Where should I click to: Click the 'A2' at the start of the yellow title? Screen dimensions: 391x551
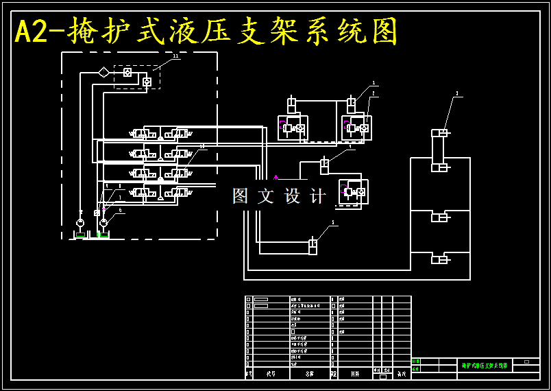pyautogui.click(x=31, y=32)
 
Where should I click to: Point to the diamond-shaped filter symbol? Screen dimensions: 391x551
pyautogui.click(x=103, y=72)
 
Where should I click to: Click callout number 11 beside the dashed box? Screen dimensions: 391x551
pyautogui.click(x=175, y=56)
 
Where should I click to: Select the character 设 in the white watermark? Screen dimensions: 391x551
pyautogui.click(x=293, y=196)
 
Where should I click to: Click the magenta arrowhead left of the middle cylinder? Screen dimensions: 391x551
pyautogui.click(x=276, y=178)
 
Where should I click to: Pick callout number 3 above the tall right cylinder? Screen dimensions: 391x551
pyautogui.click(x=457, y=93)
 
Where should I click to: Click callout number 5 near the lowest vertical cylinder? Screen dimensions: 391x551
pyautogui.click(x=333, y=222)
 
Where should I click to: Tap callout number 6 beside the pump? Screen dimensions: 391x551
pyautogui.click(x=120, y=210)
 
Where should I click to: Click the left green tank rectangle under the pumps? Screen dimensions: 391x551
pyautogui.click(x=80, y=235)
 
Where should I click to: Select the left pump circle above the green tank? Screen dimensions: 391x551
pyautogui.click(x=80, y=222)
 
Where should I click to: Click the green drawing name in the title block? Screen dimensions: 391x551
pyautogui.click(x=485, y=366)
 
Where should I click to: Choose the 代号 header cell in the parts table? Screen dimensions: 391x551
pyautogui.click(x=271, y=374)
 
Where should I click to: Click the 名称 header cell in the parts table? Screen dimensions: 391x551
pyautogui.click(x=309, y=374)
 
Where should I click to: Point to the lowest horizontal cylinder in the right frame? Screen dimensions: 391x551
pyautogui.click(x=439, y=259)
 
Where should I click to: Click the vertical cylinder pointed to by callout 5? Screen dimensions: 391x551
pyautogui.click(x=313, y=246)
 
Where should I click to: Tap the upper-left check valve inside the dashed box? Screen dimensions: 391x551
pyautogui.click(x=127, y=72)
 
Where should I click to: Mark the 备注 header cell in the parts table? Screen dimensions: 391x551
pyautogui.click(x=402, y=374)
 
